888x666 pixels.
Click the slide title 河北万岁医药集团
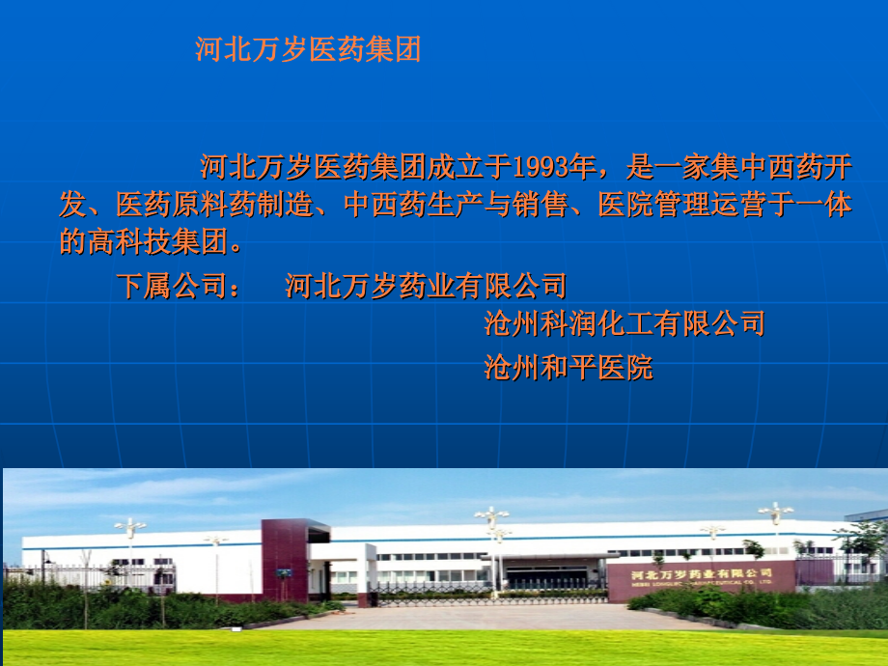pyautogui.click(x=308, y=50)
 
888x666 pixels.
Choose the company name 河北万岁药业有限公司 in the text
pyautogui.click(x=426, y=287)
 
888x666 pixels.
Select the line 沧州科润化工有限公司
pyautogui.click(x=624, y=323)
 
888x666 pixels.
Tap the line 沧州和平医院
pyautogui.click(x=568, y=368)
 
